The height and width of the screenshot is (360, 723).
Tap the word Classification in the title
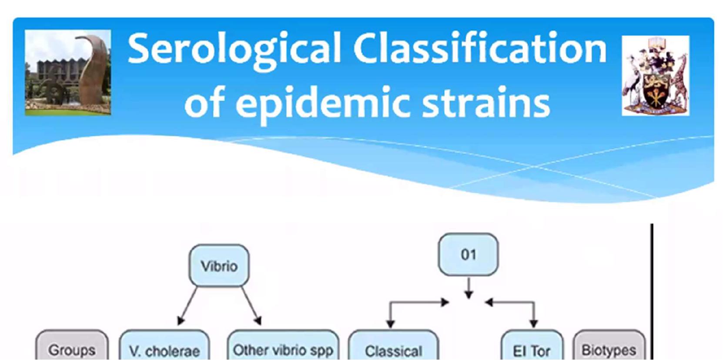(480, 47)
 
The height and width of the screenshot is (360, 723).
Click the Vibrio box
(219, 266)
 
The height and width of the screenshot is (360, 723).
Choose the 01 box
(469, 254)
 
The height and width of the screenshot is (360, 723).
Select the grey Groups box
(72, 345)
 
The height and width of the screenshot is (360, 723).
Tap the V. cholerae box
(164, 345)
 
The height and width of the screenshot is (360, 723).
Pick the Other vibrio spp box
(283, 345)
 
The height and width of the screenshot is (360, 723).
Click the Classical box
(393, 345)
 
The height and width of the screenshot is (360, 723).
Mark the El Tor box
(532, 345)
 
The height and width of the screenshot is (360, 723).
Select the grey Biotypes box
(609, 345)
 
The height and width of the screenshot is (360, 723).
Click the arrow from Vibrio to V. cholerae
(187, 306)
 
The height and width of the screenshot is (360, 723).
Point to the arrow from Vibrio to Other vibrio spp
(251, 306)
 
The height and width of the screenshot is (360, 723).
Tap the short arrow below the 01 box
(469, 288)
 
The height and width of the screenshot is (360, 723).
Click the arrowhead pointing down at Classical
(390, 323)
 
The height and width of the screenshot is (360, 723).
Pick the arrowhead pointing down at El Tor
(533, 323)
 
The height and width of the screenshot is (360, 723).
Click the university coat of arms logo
(656, 76)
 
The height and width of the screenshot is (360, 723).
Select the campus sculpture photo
(68, 72)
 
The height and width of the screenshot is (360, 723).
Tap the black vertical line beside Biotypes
(652, 292)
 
